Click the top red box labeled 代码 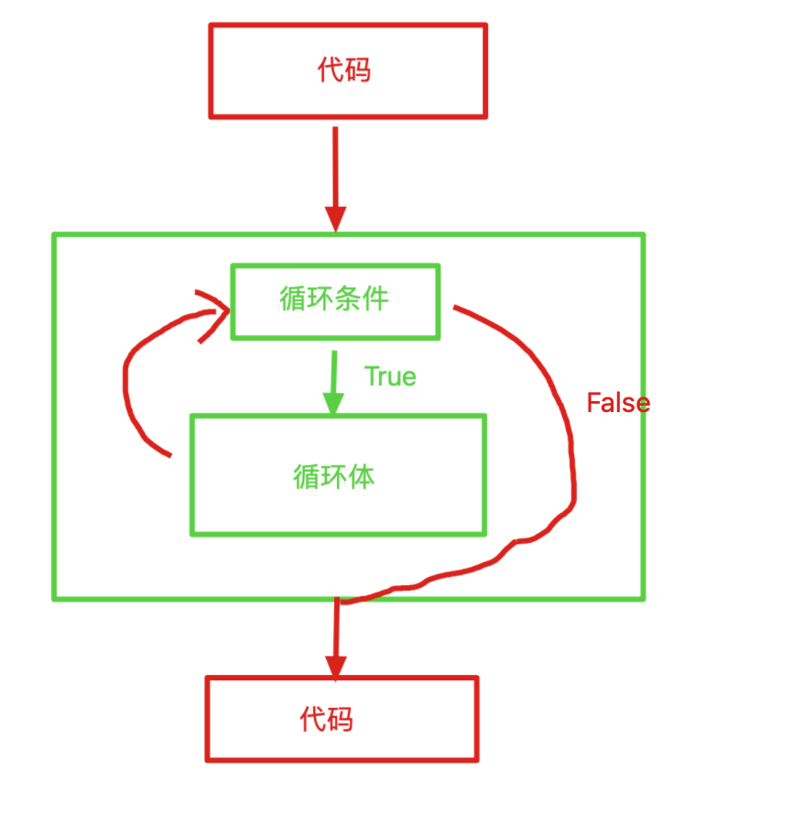point(348,71)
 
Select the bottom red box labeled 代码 point(342,719)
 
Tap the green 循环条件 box point(335,301)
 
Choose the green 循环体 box point(337,475)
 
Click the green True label point(390,376)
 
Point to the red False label point(618,403)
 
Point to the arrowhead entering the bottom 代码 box point(336,667)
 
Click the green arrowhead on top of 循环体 point(333,403)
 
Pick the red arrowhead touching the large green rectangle point(336,221)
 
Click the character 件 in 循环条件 point(375,299)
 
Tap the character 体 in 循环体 point(362,476)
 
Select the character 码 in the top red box point(359,71)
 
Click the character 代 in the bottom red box point(313,719)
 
